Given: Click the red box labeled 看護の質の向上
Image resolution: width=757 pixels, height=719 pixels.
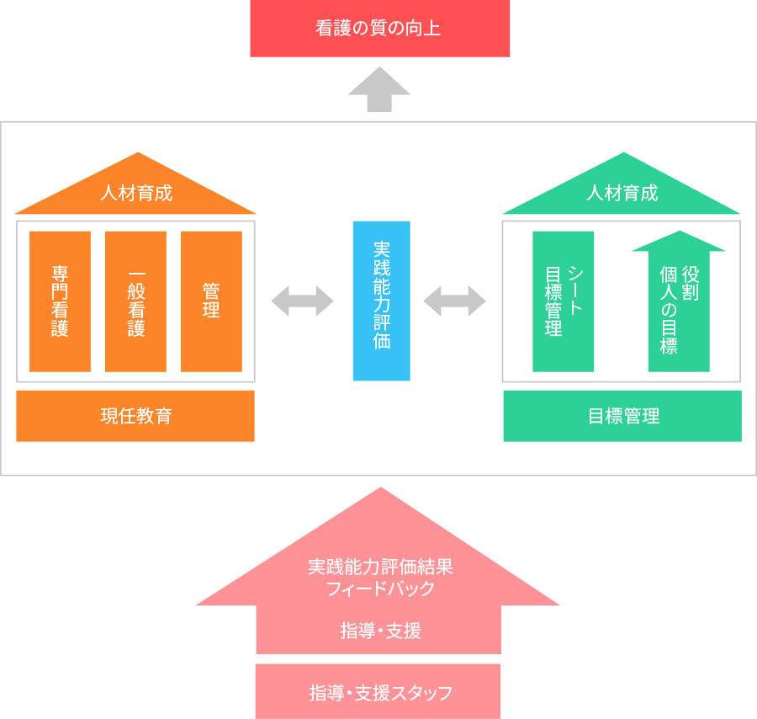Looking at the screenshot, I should pos(379,29).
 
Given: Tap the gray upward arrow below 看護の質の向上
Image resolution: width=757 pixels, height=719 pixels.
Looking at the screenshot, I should pos(379,89).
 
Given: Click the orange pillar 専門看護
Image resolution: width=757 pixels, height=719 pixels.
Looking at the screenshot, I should pos(60,301).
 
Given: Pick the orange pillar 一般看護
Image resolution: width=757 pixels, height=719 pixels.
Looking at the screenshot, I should pos(135,301).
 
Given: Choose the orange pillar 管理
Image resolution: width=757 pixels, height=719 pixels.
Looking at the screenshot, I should pos(211,301).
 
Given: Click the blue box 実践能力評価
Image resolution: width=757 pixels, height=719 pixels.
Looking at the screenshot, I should pos(381,301).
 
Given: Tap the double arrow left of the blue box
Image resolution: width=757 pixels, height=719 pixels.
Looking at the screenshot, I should pos(302,301).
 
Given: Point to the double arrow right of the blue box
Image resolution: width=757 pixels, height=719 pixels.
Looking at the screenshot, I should pos(454,301).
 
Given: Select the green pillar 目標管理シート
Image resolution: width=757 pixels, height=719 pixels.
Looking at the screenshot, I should pos(563,301).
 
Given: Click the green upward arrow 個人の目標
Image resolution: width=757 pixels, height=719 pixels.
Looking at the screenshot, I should pos(678,307).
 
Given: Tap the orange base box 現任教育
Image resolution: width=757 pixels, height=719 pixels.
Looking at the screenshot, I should pos(135,416).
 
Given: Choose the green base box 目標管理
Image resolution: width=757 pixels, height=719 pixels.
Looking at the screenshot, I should pos(622,416).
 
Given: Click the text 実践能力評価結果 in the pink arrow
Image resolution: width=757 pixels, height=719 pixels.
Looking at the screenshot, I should pos(380,567).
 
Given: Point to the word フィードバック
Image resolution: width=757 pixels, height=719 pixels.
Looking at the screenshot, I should pos(380,589).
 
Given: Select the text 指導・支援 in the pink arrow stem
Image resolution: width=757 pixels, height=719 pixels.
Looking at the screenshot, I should pos(380,631).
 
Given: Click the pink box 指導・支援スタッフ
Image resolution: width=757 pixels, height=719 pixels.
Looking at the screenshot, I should pos(380,693).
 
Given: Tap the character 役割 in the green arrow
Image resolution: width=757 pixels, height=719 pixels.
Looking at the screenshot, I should pos(690,284).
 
